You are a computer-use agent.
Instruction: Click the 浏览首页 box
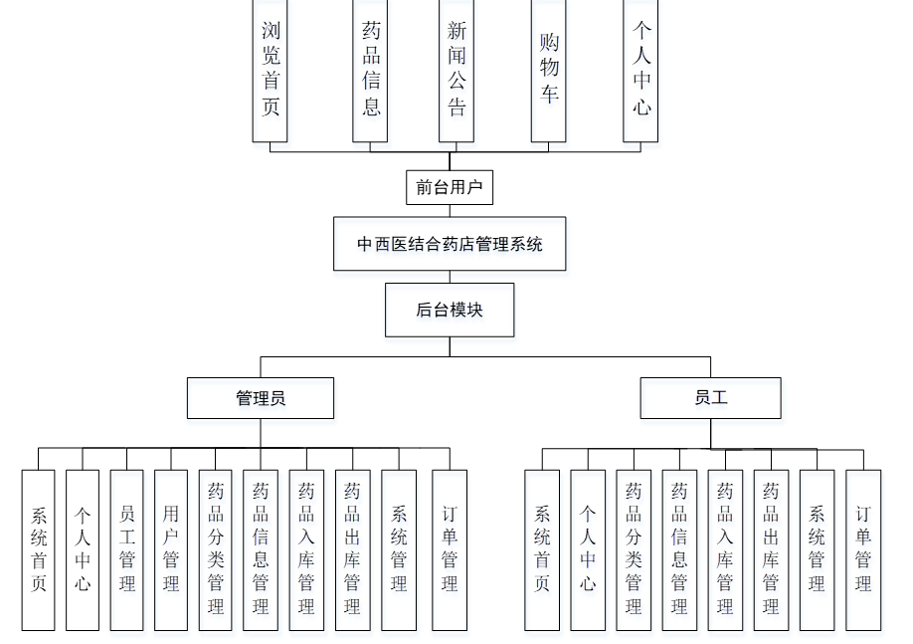coord(271,70)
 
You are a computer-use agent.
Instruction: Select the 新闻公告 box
coord(456,70)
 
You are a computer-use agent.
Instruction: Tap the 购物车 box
coord(549,70)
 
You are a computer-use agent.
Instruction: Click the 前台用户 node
coord(450,187)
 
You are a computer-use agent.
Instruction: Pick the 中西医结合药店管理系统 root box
coord(450,244)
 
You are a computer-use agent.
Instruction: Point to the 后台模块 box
coord(450,310)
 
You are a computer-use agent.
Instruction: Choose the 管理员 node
coord(261,398)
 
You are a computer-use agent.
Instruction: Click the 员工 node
coord(711,398)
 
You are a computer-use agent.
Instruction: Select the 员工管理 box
coord(126,549)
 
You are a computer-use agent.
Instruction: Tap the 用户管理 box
coord(171,549)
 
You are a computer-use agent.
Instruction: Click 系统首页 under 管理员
coord(39,549)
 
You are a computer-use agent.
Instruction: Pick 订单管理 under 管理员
coord(450,549)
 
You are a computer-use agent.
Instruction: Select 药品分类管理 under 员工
coord(634,549)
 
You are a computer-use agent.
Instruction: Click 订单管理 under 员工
coord(863,549)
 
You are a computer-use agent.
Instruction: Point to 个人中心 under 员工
coord(588,549)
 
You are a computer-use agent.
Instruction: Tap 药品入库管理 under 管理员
coord(306,549)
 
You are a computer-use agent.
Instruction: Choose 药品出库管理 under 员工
coord(771,549)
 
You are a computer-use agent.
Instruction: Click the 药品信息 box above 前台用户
coord(370,70)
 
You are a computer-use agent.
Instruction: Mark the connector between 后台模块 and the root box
coord(450,277)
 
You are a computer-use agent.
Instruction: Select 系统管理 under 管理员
coord(399,549)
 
